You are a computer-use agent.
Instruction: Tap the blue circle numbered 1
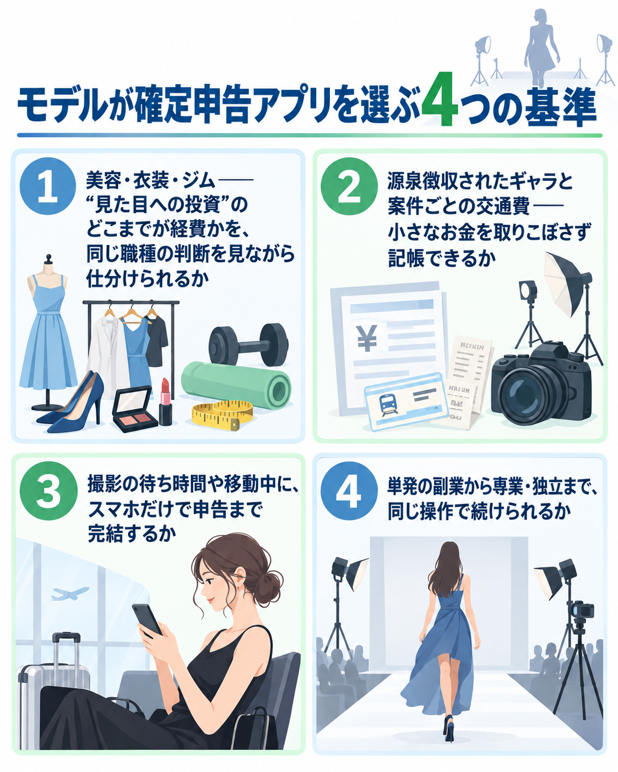tap(48, 186)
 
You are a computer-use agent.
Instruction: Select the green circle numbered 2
tap(349, 186)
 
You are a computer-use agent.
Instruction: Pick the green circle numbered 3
tap(48, 491)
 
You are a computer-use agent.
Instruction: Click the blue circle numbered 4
tap(349, 491)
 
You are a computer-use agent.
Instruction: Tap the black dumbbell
tap(248, 344)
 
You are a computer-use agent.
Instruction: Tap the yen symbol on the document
tap(367, 338)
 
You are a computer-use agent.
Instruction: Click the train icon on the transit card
tap(387, 404)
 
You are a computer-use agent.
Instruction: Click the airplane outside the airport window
tap(69, 594)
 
